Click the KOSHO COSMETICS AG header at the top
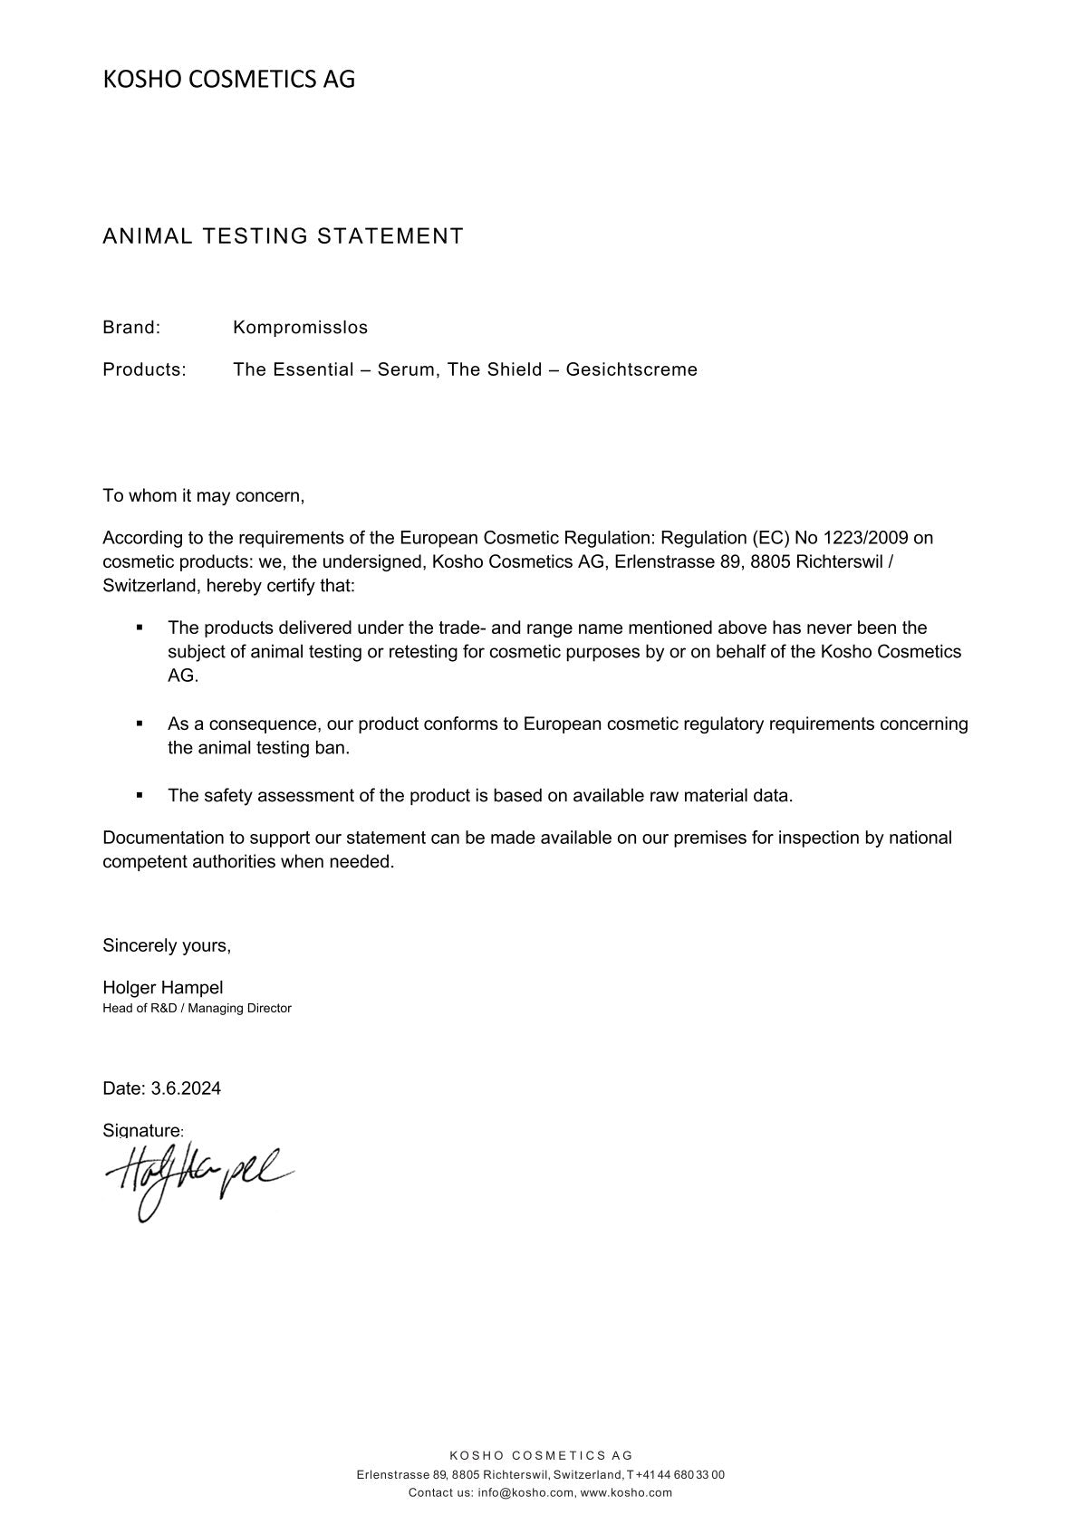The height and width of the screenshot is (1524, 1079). tap(228, 80)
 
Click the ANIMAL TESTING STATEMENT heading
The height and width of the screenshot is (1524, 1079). tap(283, 236)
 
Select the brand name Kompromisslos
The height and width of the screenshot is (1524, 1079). tap(300, 327)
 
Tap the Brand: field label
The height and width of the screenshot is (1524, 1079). tap(131, 327)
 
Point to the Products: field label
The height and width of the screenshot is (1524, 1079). tap(144, 369)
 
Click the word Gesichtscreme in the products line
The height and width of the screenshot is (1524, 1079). tap(631, 369)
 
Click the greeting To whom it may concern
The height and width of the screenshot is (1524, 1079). tap(204, 495)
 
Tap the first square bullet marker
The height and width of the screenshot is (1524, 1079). tap(140, 627)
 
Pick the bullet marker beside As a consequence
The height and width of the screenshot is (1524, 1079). tap(140, 724)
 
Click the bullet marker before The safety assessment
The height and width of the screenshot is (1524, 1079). tap(140, 795)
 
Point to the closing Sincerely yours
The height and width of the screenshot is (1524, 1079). tap(167, 945)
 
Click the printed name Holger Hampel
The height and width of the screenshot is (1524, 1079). tap(163, 988)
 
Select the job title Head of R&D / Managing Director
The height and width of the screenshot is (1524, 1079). tap(197, 1008)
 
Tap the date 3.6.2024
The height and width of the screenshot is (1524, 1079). tap(186, 1088)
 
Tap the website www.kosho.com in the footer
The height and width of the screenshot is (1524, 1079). tap(626, 1493)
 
